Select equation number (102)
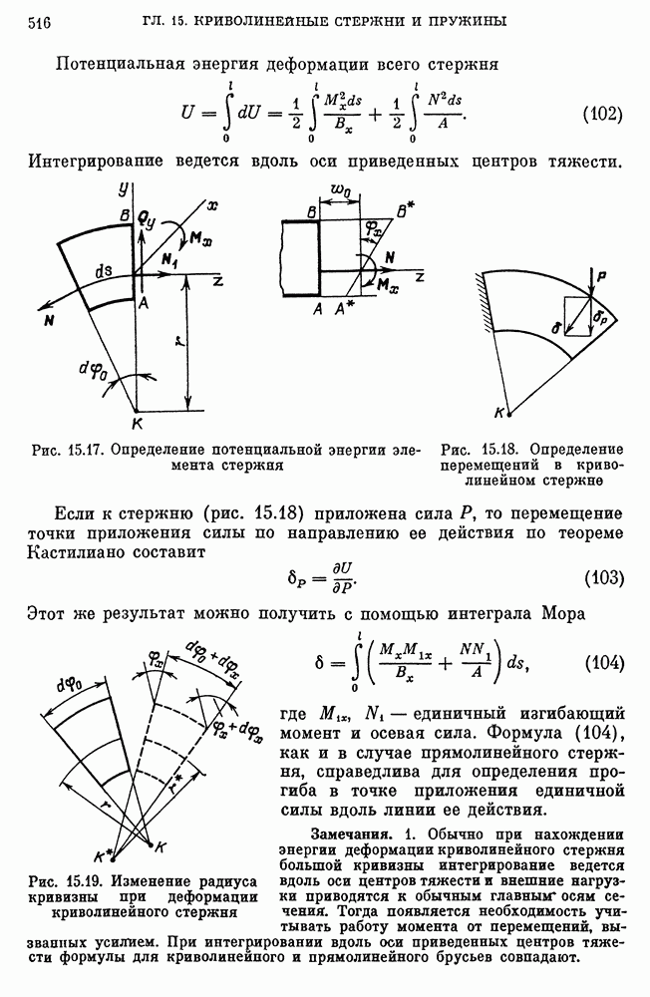[602, 114]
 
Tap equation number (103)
[602, 577]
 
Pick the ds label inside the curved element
[102, 274]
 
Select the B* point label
[403, 211]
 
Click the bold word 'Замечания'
[352, 832]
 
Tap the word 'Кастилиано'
[82, 554]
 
